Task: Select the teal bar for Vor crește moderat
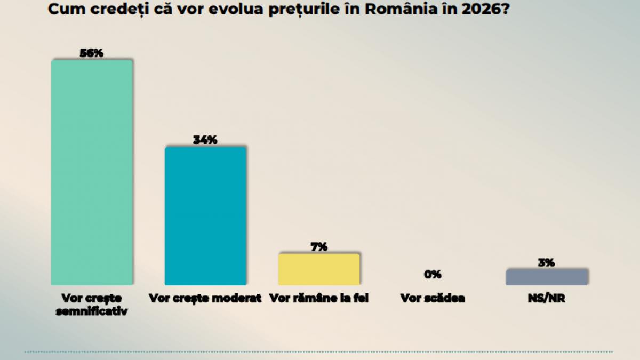coord(205,215)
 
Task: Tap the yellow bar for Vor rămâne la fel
coord(319,269)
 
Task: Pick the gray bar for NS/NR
coord(546,277)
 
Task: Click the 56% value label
coord(91,53)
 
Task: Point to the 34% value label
coord(205,140)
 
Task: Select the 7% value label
coord(319,247)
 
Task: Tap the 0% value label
coord(433,275)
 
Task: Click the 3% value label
coord(546,262)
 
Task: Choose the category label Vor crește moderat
coord(205,298)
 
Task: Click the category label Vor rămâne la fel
coord(319,298)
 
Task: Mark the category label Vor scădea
coord(433,298)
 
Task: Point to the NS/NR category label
coord(546,298)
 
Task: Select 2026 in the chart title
coord(479,10)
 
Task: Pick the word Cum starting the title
coord(61,10)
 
